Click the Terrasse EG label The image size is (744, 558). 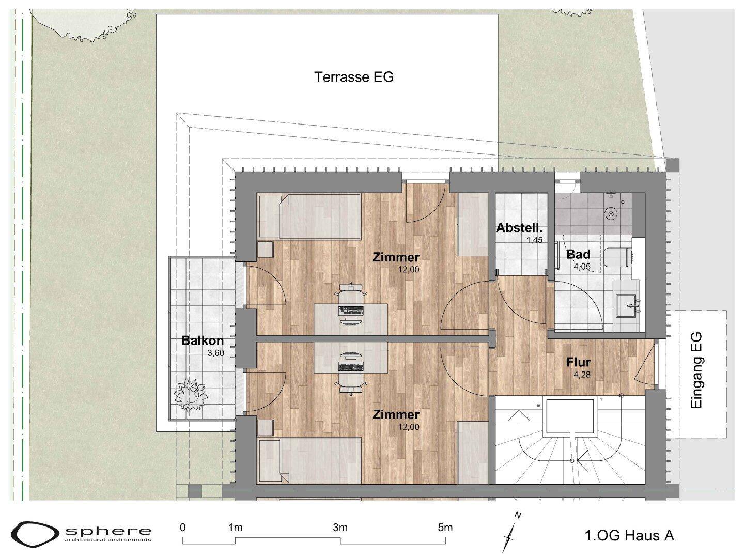(354, 77)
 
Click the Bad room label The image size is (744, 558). (578, 254)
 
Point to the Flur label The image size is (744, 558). (579, 362)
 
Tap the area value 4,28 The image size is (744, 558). (583, 375)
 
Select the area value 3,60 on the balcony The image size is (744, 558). (216, 353)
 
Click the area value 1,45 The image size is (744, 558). (534, 240)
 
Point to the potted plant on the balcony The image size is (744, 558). (190, 395)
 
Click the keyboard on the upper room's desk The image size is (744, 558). (351, 309)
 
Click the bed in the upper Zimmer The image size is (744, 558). (309, 216)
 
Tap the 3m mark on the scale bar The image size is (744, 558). (340, 528)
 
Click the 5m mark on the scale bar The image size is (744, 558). (445, 528)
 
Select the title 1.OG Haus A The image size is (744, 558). (629, 535)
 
